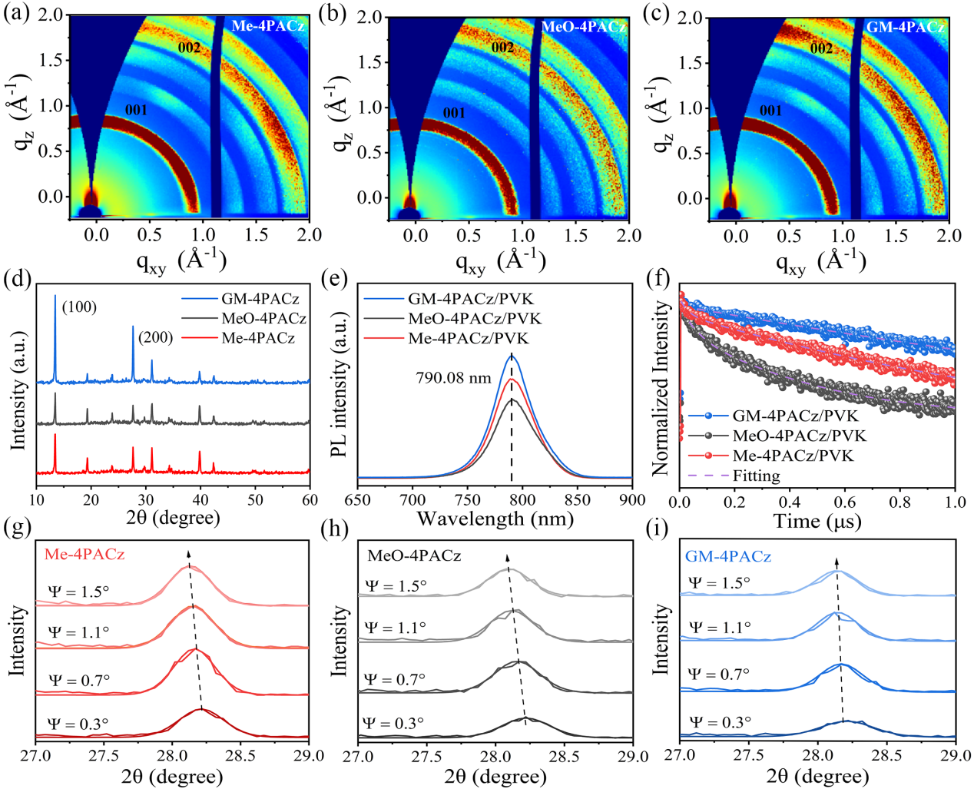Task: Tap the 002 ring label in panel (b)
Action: (x=503, y=48)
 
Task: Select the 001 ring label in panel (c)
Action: (x=770, y=111)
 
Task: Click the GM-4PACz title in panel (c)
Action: (x=905, y=28)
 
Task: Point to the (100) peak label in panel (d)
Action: (x=80, y=307)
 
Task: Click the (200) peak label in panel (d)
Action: (x=155, y=336)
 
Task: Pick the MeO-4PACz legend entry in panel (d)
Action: (x=263, y=318)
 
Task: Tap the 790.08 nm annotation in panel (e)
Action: (x=453, y=378)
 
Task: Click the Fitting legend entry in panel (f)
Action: (x=756, y=476)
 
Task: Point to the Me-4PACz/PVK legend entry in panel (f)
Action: (x=793, y=456)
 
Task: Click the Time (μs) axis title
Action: (x=817, y=522)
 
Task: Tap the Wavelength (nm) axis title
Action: (x=495, y=519)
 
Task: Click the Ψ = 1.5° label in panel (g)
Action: (x=79, y=592)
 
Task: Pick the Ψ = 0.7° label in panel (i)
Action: (x=720, y=674)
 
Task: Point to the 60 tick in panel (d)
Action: (x=310, y=500)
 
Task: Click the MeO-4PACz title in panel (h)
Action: (x=414, y=555)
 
